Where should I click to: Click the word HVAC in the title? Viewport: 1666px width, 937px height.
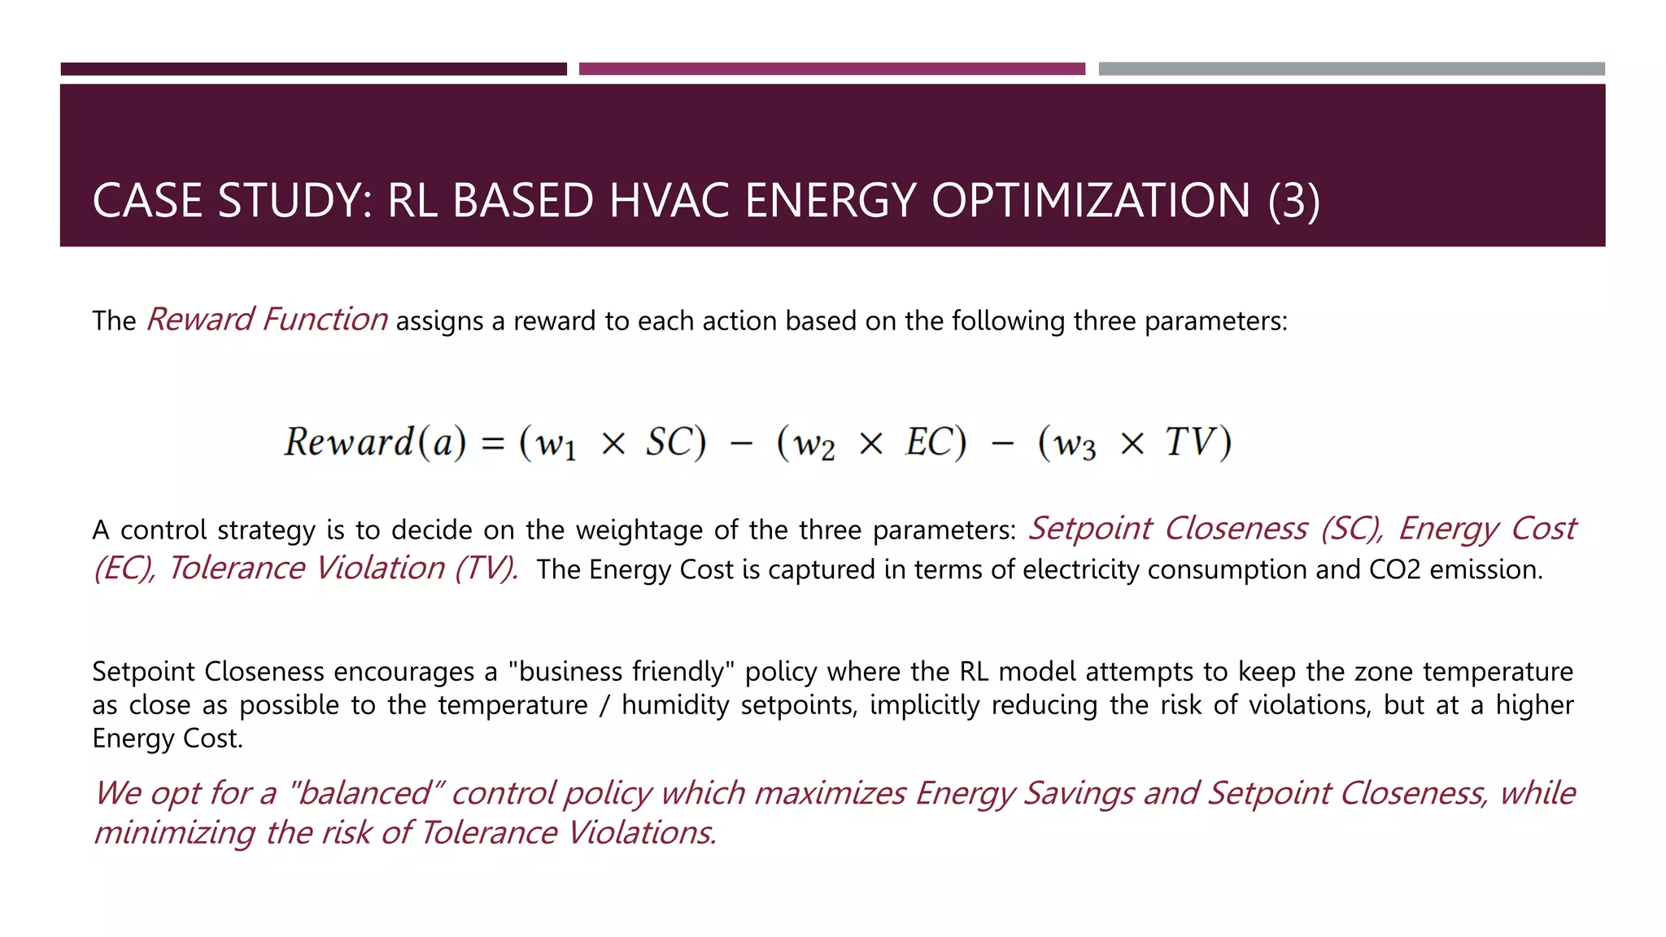click(x=669, y=201)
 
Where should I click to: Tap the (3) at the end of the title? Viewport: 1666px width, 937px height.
click(x=1293, y=201)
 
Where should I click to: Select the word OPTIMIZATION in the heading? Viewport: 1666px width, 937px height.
click(x=1090, y=201)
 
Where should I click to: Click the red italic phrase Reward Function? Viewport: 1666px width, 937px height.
click(x=267, y=320)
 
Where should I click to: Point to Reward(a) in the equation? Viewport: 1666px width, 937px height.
click(x=375, y=442)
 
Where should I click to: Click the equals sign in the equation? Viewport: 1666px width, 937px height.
click(x=493, y=444)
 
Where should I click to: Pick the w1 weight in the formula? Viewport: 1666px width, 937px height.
click(x=556, y=445)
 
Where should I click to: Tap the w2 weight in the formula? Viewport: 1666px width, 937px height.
click(x=814, y=445)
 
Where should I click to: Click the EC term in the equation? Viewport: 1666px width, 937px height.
click(x=928, y=442)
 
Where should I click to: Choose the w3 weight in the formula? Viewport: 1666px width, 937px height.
click(x=1075, y=445)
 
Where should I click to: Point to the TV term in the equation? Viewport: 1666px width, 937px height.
click(x=1190, y=442)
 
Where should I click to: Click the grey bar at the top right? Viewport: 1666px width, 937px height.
click(x=1351, y=69)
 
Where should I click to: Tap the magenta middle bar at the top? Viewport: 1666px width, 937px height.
click(x=831, y=69)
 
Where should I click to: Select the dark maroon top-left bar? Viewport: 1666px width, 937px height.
click(x=313, y=69)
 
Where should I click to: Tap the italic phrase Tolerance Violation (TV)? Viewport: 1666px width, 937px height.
click(x=343, y=569)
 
